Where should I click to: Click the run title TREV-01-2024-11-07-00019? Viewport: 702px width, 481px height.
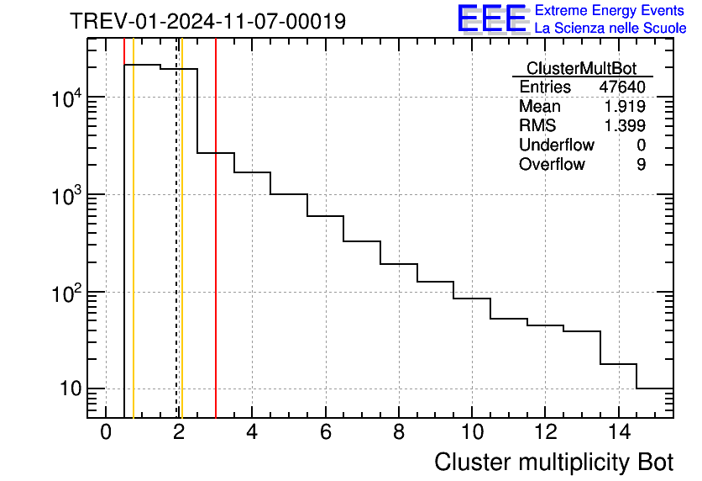click(207, 21)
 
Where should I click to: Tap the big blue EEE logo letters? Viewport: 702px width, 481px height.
click(492, 18)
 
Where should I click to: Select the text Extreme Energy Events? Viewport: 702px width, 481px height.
click(610, 11)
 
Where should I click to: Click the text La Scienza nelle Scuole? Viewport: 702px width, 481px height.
click(610, 29)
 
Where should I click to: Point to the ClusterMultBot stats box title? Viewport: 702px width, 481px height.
click(581, 68)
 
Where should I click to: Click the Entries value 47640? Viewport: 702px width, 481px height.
click(621, 87)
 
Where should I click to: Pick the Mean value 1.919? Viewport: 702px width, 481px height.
click(625, 107)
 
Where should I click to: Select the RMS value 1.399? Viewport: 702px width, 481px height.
click(625, 126)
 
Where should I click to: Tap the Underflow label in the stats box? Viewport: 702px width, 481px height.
click(556, 145)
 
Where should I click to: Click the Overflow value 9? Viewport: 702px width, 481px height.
click(641, 165)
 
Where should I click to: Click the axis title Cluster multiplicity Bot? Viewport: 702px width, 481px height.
click(553, 462)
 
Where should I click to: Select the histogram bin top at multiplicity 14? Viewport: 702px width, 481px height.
click(618, 364)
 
